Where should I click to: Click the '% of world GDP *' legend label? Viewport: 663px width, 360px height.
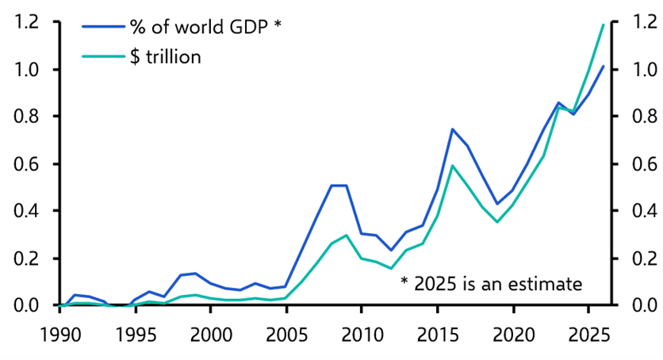205,26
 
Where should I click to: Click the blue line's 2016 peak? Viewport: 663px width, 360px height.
452,129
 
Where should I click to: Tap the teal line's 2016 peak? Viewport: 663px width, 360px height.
452,166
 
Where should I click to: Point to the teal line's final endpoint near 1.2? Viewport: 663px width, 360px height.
604,25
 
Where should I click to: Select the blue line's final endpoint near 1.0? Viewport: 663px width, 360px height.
604,67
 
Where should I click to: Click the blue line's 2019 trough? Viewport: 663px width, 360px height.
497,204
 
